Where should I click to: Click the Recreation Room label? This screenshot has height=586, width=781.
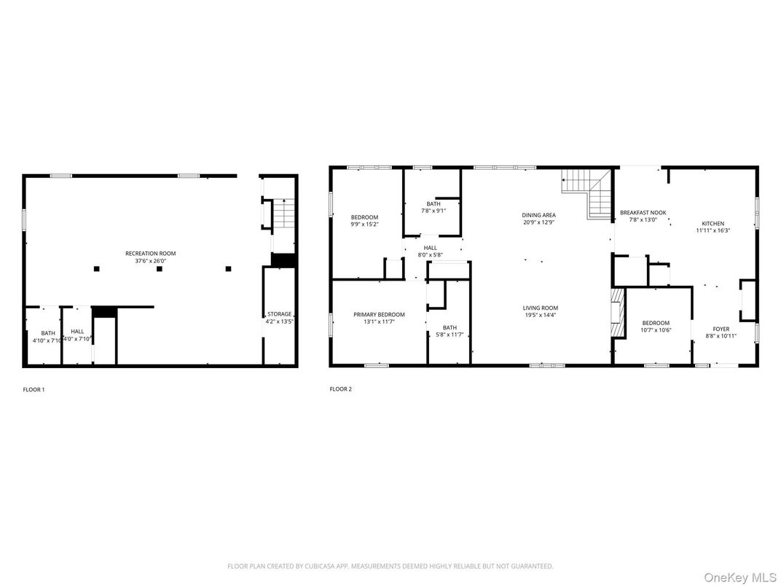coord(150,254)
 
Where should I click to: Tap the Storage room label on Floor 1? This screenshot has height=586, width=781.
coord(279,314)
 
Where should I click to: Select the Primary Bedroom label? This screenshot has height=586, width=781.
coord(379,314)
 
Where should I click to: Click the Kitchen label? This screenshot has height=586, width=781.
coord(713,224)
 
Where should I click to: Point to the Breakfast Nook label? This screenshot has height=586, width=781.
coord(638,212)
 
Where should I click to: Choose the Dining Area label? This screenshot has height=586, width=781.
coord(538,215)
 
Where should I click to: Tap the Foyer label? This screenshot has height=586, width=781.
coord(721,329)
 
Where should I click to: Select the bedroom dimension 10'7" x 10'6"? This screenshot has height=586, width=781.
coord(655,330)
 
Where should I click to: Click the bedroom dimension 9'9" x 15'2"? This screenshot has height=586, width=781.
coord(364,224)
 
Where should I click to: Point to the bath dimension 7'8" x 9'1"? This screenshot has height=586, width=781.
coord(433,211)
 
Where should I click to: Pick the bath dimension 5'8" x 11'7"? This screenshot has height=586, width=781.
coord(449,335)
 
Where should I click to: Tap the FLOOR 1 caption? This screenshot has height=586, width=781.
coord(34,390)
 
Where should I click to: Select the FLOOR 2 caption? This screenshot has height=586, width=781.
coord(340,389)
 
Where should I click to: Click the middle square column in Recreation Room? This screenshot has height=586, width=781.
coord(160,268)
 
